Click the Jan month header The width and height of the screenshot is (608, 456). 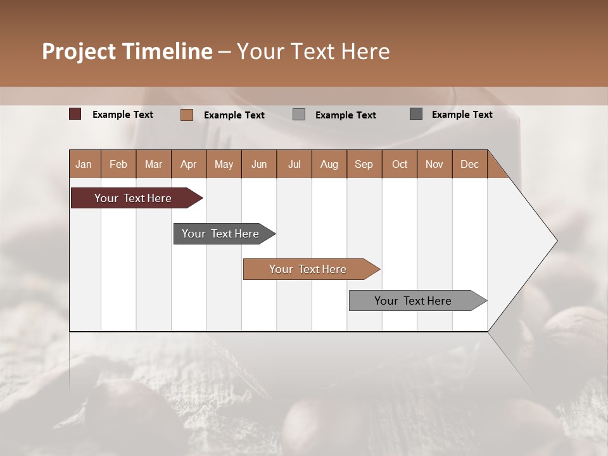tap(84, 164)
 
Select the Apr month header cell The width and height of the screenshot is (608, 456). tap(189, 164)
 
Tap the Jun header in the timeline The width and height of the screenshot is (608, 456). tap(259, 164)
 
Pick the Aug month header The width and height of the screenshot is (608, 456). tap(329, 164)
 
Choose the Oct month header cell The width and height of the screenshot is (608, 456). tap(400, 164)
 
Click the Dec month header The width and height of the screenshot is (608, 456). tap(470, 164)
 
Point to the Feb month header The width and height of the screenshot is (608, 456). tap(118, 164)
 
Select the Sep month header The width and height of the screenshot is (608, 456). tap(364, 164)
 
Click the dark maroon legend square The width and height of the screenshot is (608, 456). tap(75, 114)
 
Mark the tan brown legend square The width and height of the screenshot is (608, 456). tap(187, 115)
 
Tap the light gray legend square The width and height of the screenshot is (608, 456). tap(299, 115)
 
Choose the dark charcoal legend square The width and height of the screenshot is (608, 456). tap(416, 114)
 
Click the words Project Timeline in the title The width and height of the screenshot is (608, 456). tap(127, 51)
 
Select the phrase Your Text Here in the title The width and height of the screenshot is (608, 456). tap(313, 51)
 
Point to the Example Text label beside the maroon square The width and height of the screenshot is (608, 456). tap(123, 115)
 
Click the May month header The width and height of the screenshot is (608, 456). tap(224, 164)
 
